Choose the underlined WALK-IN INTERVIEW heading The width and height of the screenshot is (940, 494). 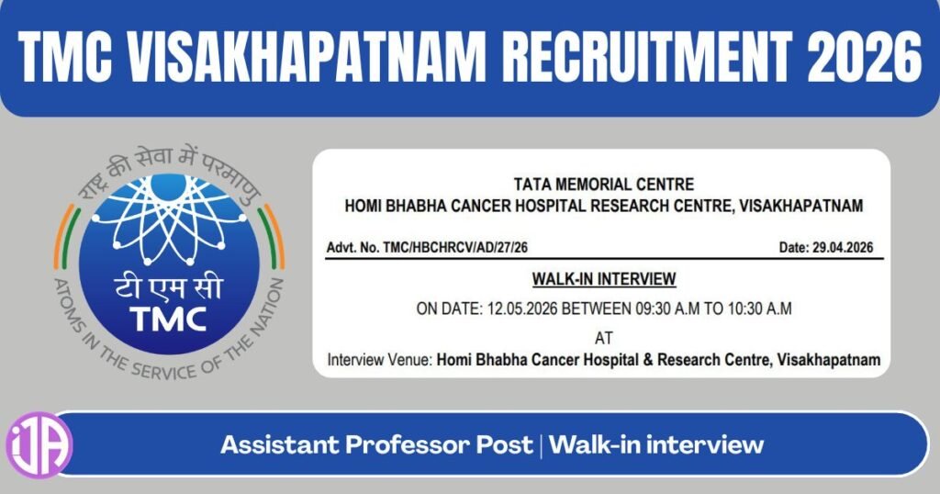tap(603, 278)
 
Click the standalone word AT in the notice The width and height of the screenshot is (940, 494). tap(603, 337)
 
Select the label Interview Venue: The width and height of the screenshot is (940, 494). tap(379, 361)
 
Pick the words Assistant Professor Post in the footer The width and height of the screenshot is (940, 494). tap(376, 445)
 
